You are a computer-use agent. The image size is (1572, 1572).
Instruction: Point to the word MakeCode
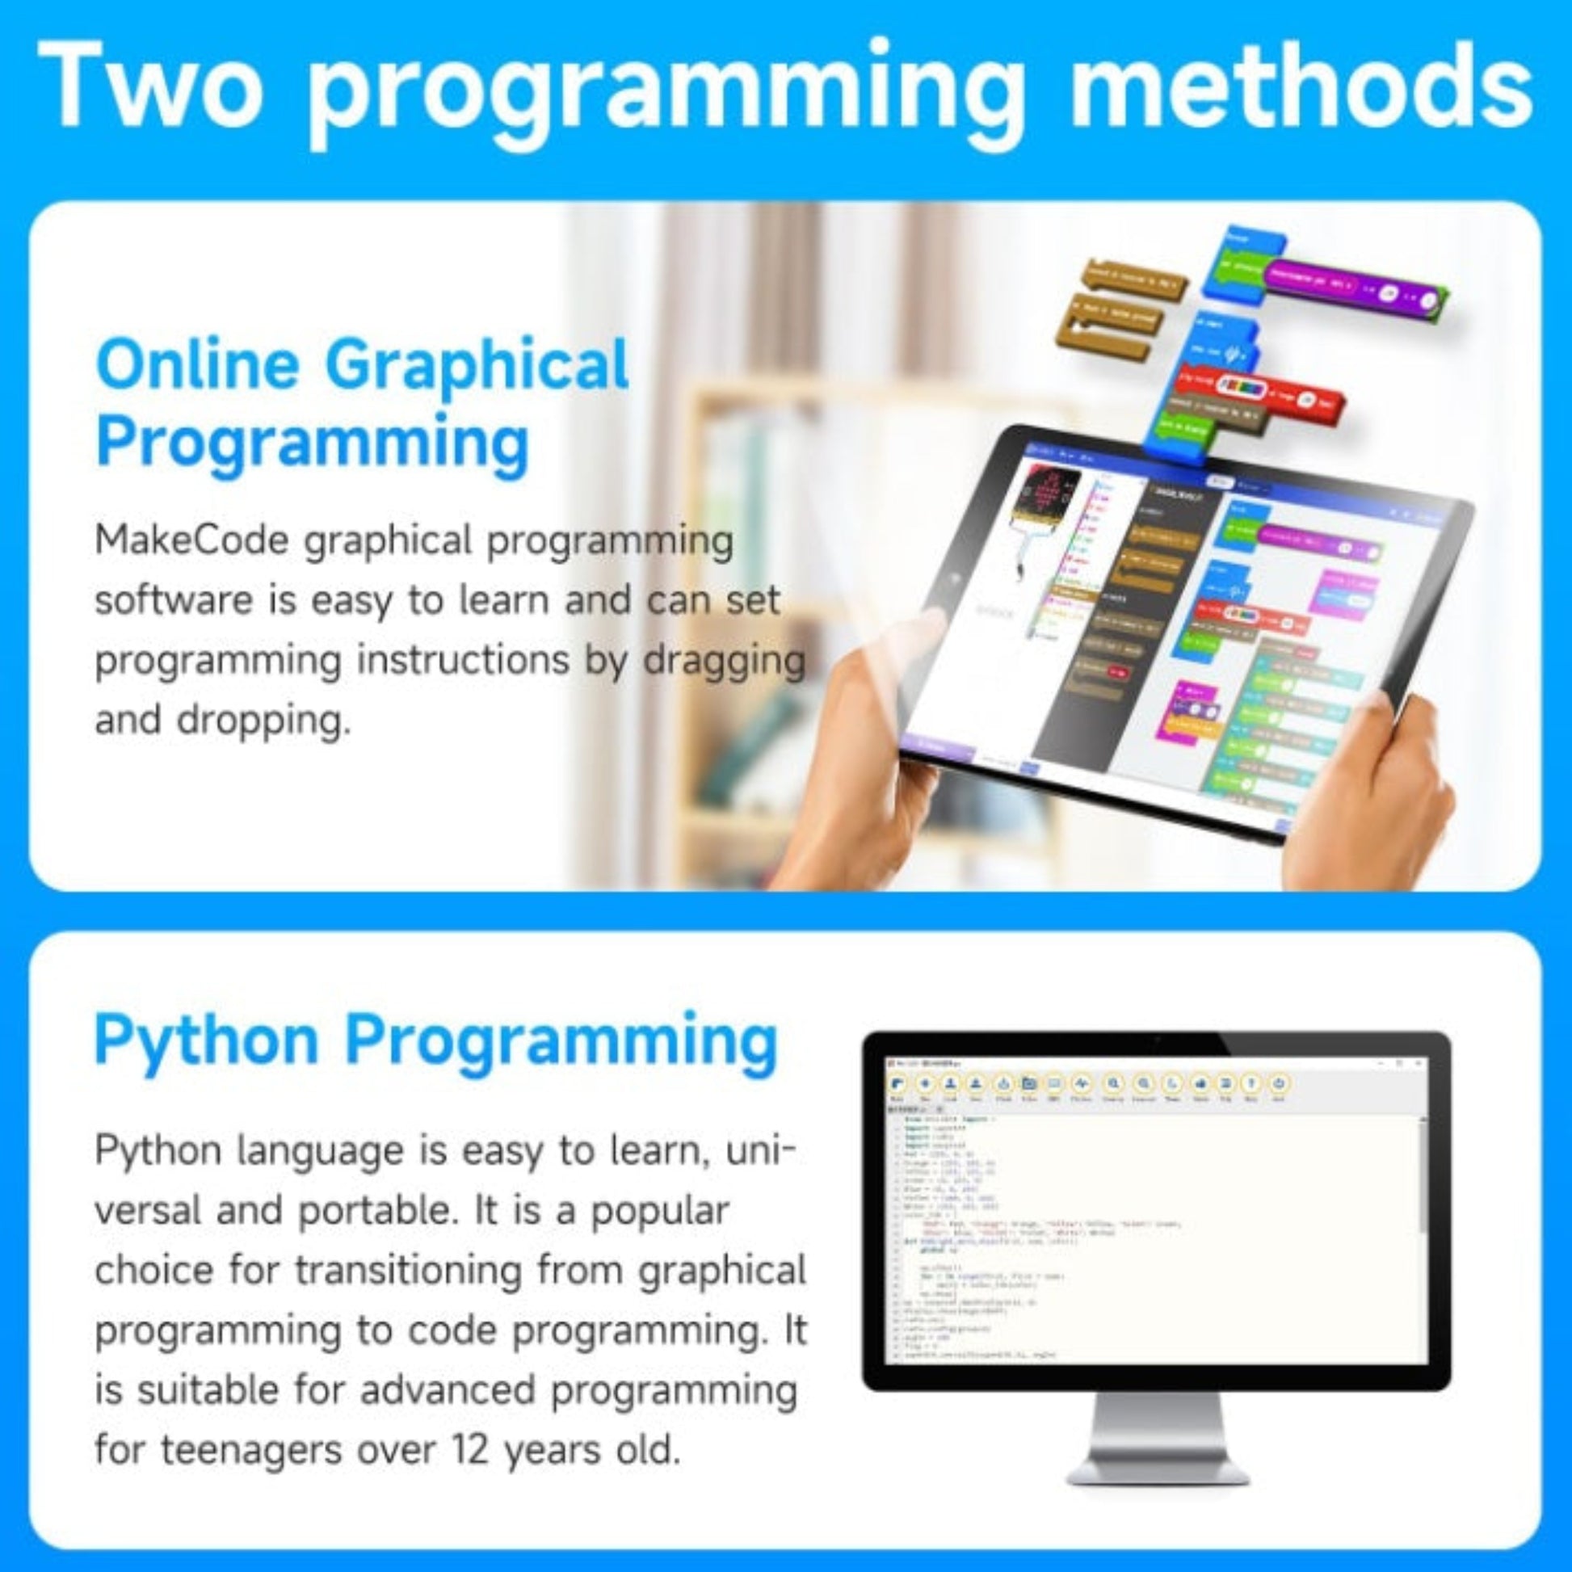192,541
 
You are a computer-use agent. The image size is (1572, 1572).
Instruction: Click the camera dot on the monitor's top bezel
1157,1040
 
